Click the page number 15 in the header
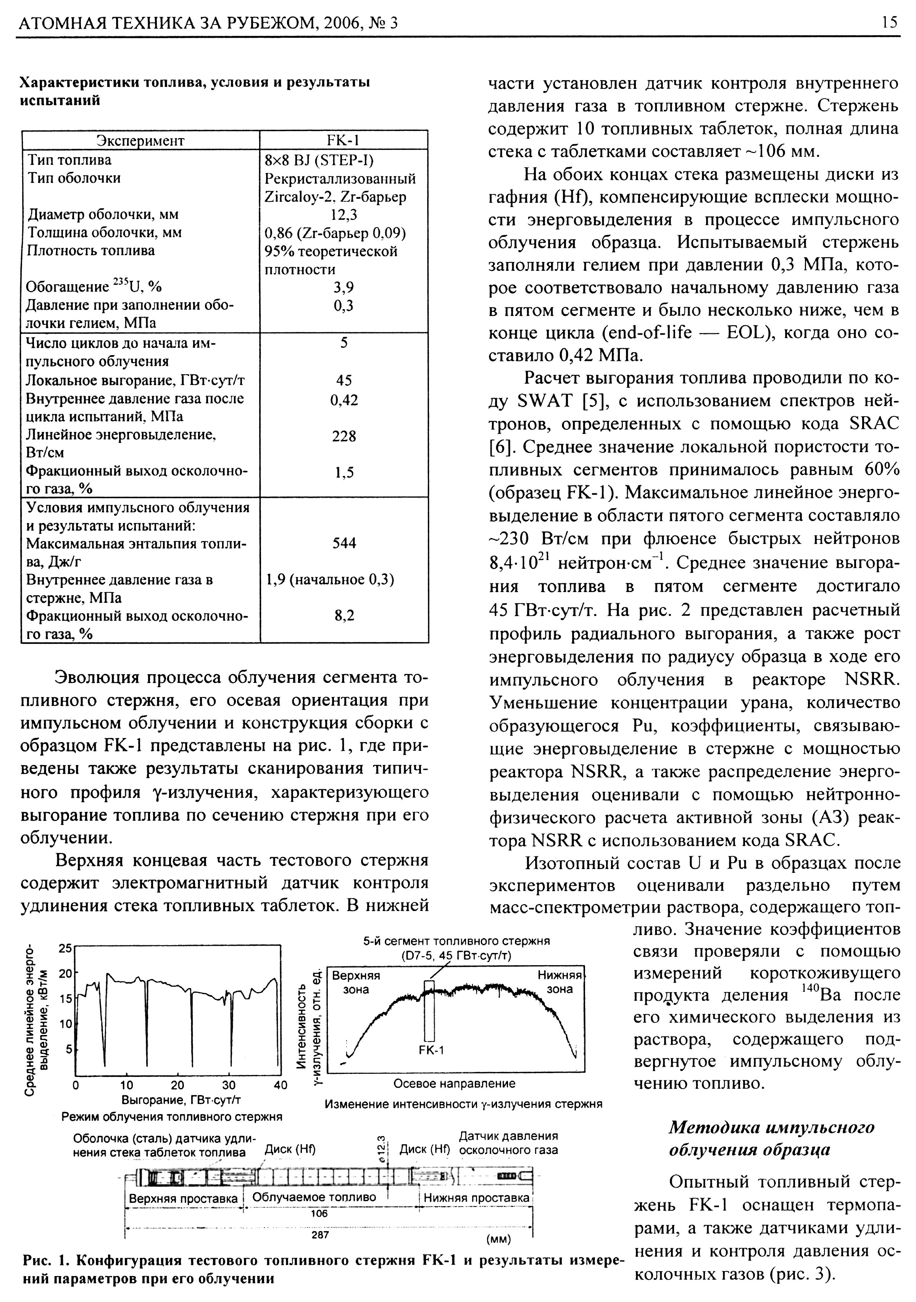889,22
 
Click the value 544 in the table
344,543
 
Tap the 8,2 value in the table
344,616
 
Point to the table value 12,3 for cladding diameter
344,214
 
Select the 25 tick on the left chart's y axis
66,948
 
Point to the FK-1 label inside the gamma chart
431,1050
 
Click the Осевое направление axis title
454,1084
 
